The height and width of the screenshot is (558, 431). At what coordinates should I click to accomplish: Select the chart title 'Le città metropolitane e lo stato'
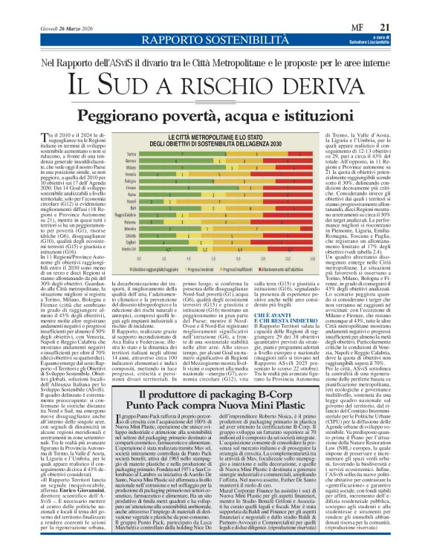tap(215, 137)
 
